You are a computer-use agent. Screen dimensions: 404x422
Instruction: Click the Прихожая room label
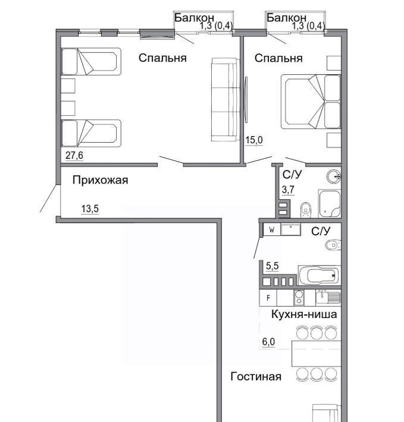pos(100,180)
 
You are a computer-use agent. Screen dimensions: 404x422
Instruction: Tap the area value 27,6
pos(74,156)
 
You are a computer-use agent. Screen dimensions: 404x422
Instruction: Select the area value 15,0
pos(254,140)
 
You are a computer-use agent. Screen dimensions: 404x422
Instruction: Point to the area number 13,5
pos(90,209)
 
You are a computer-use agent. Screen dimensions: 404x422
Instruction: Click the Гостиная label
pos(256,376)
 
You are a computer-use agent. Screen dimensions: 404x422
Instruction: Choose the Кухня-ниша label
pos(304,314)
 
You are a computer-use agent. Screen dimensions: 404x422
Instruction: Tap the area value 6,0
pos(268,342)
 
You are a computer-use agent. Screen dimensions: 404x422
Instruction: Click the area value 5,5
pos(273,266)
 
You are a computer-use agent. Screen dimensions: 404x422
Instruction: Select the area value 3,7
pos(288,190)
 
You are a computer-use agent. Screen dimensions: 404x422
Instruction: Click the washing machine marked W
pos(272,230)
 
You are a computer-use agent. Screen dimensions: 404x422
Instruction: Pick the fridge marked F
pos(268,298)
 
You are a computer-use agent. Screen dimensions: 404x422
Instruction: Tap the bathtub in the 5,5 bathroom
pos(319,275)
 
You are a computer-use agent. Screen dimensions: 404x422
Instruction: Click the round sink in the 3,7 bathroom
pos(333,177)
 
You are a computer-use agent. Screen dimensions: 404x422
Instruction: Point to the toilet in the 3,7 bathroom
pos(306,209)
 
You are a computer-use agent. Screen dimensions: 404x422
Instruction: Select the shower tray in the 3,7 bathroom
pos(330,204)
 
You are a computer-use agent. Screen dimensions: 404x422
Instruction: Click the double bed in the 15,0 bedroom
pos(311,102)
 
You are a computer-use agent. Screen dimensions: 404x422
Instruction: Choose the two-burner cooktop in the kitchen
pos(299,298)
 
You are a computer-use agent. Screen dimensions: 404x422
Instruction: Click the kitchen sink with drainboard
pos(328,297)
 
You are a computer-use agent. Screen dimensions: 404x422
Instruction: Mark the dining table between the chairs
pos(316,354)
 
